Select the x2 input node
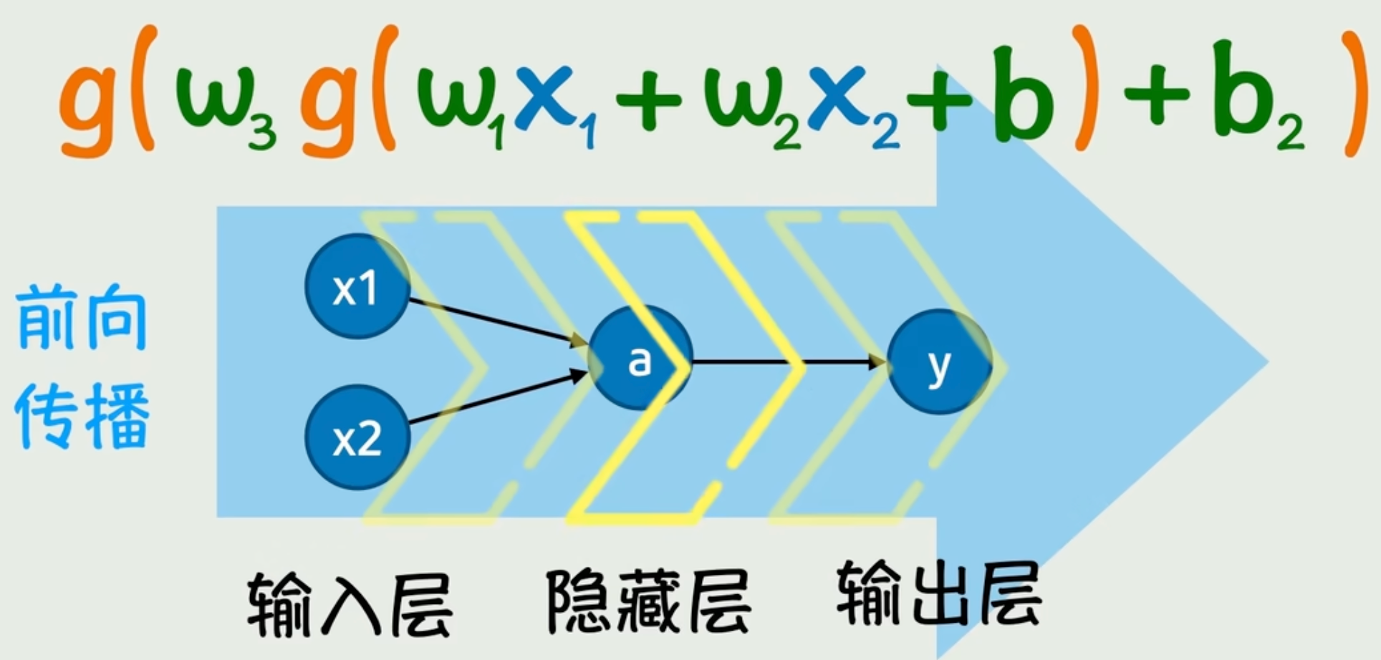pyautogui.click(x=357, y=437)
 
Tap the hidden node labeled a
pyautogui.click(x=640, y=358)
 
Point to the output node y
pyautogui.click(x=939, y=362)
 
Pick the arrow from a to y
pyautogui.click(x=788, y=362)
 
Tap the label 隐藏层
pyautogui.click(x=648, y=601)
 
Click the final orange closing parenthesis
pyautogui.click(x=1351, y=93)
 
